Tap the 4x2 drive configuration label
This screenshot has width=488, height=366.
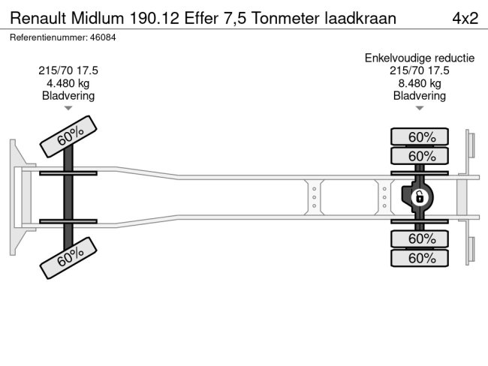465,17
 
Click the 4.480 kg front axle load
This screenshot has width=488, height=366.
68,83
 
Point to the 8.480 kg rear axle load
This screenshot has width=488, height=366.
419,83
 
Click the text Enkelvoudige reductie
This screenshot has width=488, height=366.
419,58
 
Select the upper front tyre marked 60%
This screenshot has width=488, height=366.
68,136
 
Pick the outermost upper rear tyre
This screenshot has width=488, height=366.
420,136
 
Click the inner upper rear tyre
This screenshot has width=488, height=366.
420,156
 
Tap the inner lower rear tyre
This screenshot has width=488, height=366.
420,239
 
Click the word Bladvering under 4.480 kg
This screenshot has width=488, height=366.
68,96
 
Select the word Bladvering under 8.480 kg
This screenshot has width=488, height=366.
419,96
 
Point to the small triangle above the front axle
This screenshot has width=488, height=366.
68,109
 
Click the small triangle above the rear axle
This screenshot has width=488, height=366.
419,109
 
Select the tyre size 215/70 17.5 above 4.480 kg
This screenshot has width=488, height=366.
68,70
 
